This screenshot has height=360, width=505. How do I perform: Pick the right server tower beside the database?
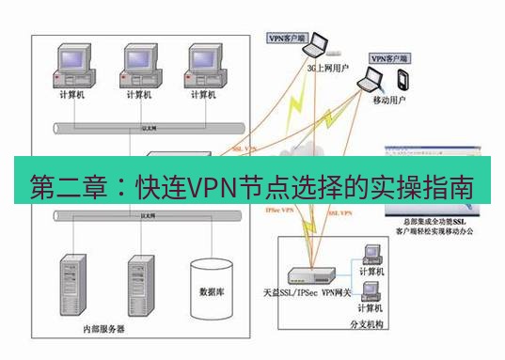pos(141,282)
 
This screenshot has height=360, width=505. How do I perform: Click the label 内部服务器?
pos(103,330)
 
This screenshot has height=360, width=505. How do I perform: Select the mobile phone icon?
pos(402,77)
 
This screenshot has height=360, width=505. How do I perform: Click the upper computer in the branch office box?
pos(371,255)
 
